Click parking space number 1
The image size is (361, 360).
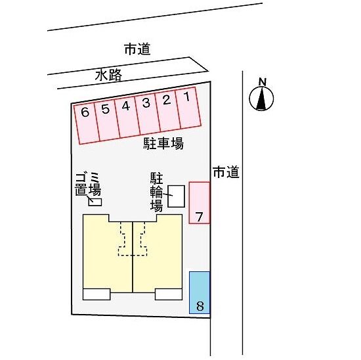click(x=188, y=108)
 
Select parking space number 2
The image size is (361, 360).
click(x=168, y=111)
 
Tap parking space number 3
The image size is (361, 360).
click(x=148, y=114)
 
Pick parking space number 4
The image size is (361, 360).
click(x=127, y=118)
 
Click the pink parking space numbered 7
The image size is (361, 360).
click(x=200, y=203)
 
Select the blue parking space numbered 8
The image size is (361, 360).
click(x=200, y=293)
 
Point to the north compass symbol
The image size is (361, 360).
click(x=261, y=99)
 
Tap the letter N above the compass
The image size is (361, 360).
click(x=263, y=82)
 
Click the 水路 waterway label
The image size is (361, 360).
click(x=108, y=75)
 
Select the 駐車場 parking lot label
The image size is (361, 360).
click(x=163, y=143)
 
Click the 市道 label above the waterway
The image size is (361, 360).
click(x=137, y=49)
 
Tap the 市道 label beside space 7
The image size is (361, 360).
click(x=226, y=172)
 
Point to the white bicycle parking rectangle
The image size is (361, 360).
click(x=177, y=196)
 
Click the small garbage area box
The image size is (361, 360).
click(x=95, y=202)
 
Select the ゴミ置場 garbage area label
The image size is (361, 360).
click(x=88, y=185)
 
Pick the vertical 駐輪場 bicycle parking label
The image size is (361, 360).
click(x=157, y=192)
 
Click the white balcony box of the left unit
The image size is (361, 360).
click(x=96, y=294)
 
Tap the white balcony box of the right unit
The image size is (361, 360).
click(x=169, y=294)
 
